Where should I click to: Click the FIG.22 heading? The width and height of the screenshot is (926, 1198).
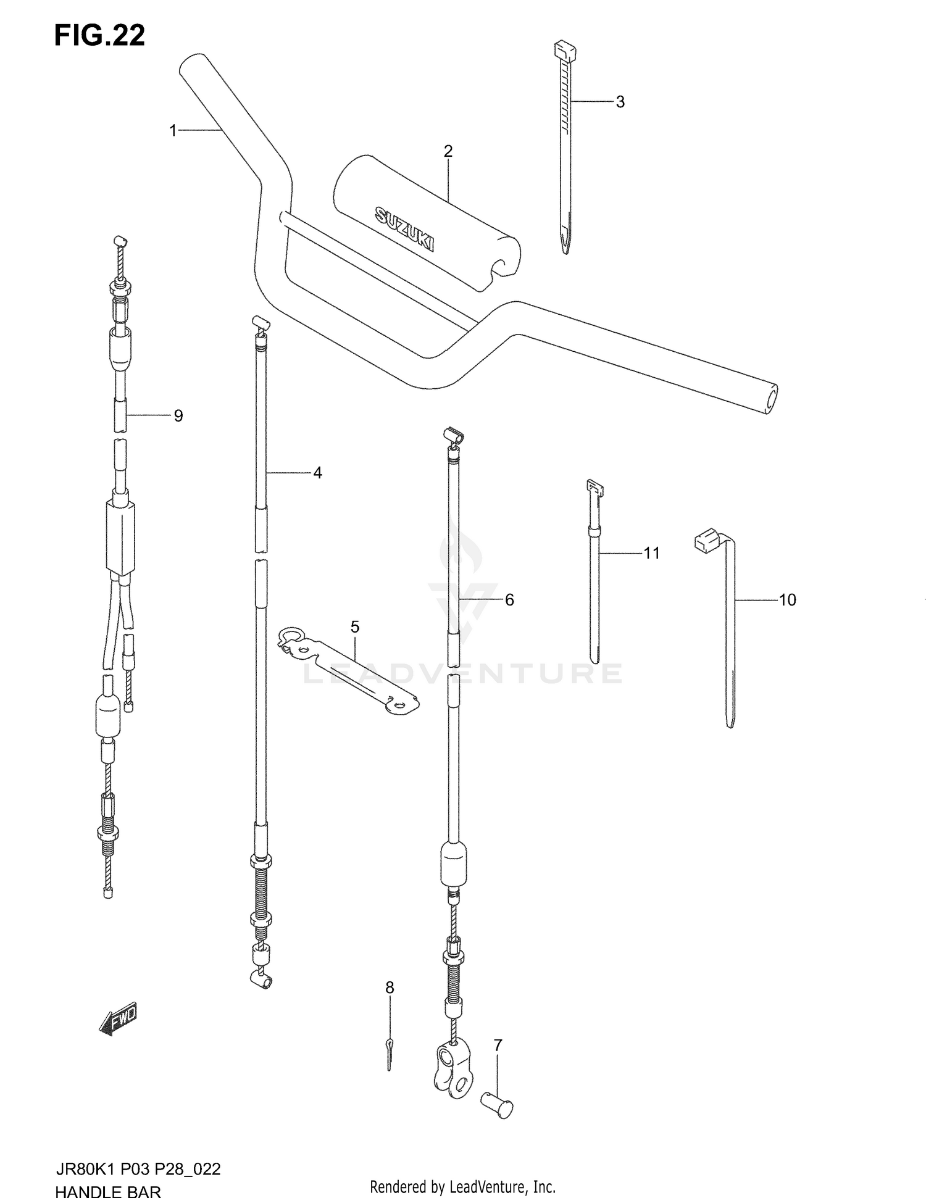click(99, 36)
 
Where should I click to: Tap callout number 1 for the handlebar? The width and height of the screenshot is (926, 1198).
click(173, 130)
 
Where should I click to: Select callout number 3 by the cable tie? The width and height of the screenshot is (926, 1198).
click(620, 102)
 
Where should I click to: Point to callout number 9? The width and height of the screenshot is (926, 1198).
click(178, 415)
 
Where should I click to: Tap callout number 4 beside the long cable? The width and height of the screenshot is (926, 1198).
click(317, 473)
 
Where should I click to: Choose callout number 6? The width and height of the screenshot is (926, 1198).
click(509, 599)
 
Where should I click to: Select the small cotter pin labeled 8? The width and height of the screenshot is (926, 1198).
click(389, 1062)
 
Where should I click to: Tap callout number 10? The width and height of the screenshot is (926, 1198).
click(787, 599)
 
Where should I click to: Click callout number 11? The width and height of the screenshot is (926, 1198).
click(652, 553)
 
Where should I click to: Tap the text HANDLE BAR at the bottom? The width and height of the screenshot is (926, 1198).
click(108, 1189)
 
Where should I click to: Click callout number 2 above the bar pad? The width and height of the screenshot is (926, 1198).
click(448, 151)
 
